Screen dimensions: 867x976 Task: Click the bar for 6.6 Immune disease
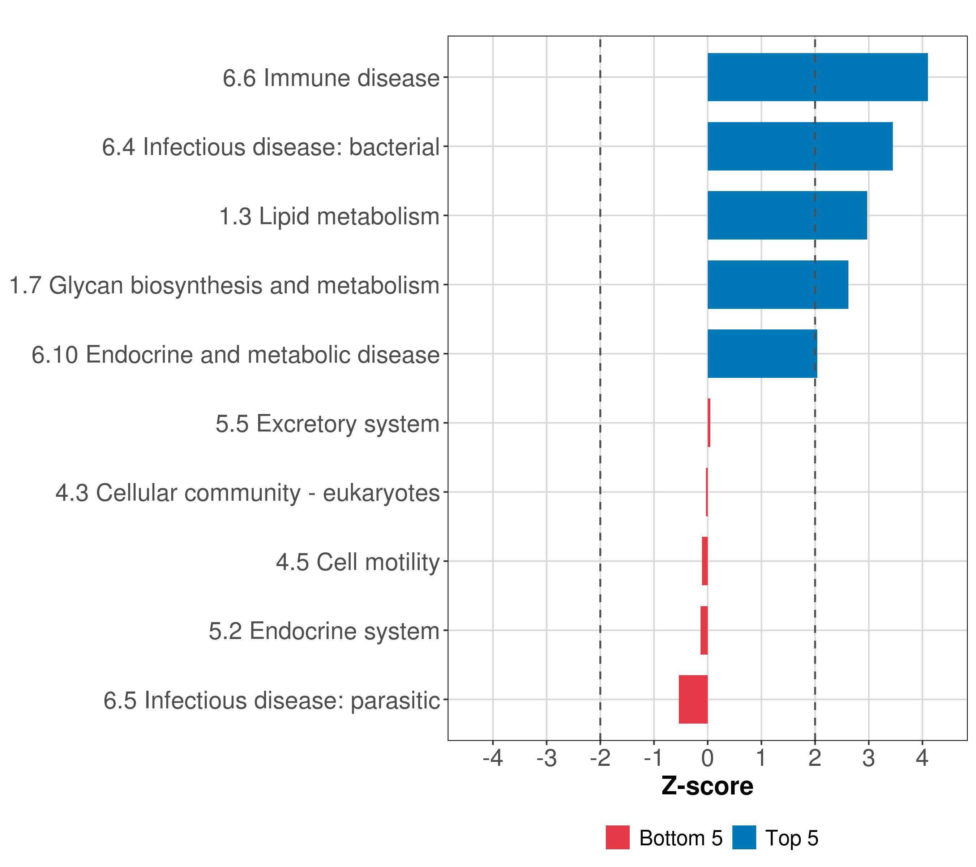pos(817,77)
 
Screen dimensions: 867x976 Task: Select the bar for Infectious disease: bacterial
pos(800,147)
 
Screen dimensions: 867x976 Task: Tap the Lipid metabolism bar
pos(787,215)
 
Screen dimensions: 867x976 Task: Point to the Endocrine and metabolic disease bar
pos(762,354)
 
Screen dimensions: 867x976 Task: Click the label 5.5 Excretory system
pos(327,424)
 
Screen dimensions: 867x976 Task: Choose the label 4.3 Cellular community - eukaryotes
pos(247,492)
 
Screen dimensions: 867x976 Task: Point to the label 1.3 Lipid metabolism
pos(329,216)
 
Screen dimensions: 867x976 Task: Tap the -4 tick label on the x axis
pos(492,758)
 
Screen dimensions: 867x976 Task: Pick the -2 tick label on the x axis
pos(600,758)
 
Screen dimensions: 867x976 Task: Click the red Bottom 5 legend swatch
pos(617,837)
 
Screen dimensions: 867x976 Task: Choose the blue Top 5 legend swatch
pos(744,837)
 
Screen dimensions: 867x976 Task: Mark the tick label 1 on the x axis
pos(761,758)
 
